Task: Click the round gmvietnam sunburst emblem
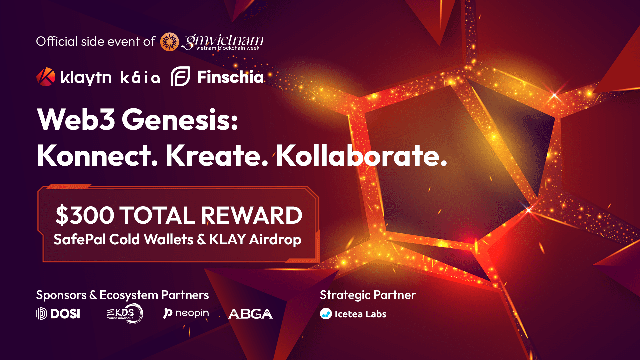169,42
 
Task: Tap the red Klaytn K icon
46,77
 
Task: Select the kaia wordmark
140,77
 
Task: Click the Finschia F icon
180,76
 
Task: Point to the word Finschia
230,77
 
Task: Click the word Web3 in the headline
76,119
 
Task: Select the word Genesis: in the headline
180,119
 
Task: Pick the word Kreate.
217,155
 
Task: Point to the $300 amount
85,215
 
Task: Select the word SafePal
79,239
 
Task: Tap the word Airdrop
275,240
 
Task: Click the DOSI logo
58,314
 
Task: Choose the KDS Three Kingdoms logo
125,314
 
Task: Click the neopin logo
186,313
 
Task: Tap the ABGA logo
250,314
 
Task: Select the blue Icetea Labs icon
326,314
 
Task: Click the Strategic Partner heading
368,295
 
